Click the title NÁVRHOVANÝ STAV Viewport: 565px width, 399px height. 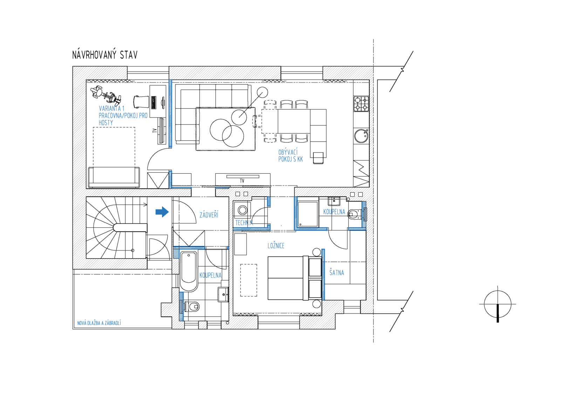coord(105,55)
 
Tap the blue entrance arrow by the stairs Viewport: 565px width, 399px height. coord(162,212)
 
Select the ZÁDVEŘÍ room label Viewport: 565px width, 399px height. coord(209,215)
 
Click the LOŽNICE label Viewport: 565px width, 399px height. coord(276,246)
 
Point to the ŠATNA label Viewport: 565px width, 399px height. coord(337,272)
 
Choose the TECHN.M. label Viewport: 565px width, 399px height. coord(244,223)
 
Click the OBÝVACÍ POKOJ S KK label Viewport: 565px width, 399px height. coord(291,156)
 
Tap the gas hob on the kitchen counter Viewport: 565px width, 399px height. coord(361,104)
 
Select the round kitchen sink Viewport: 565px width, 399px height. coord(361,136)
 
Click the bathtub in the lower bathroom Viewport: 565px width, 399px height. coord(189,271)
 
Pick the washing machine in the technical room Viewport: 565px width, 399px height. coord(243,210)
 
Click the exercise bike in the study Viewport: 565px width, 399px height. coord(106,96)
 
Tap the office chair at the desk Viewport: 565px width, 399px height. coord(141,102)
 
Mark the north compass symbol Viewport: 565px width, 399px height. coord(498,304)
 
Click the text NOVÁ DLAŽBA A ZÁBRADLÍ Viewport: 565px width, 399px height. coord(99,323)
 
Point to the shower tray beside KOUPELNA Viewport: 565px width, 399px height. coord(308,214)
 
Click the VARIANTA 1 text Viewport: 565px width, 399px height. coord(111,109)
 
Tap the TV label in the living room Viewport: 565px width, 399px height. coord(242,181)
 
